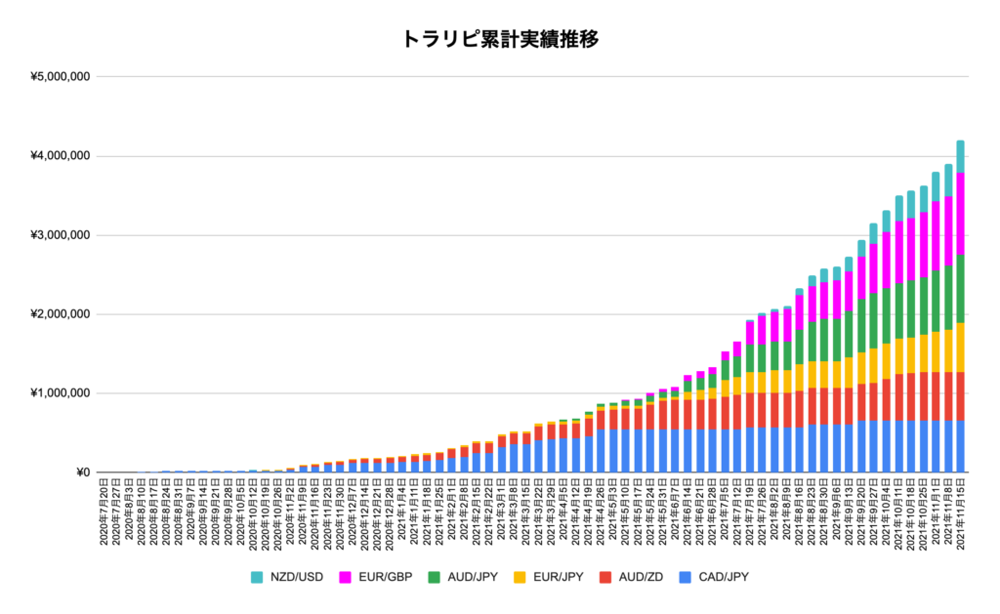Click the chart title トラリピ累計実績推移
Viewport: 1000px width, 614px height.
click(x=500, y=39)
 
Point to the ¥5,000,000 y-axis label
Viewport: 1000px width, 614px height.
click(x=60, y=77)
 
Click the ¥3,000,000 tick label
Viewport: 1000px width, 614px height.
click(x=60, y=235)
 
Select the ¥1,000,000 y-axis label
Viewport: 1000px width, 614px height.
click(x=60, y=393)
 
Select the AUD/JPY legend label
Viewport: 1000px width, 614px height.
click(x=470, y=576)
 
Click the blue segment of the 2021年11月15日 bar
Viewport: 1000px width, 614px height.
click(x=960, y=446)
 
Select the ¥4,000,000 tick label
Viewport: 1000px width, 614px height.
click(x=60, y=156)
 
